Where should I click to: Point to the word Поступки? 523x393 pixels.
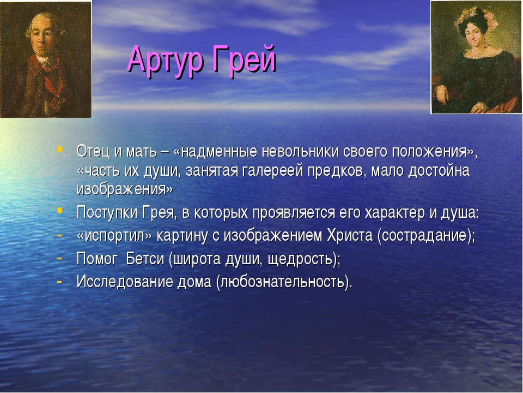pos(107,212)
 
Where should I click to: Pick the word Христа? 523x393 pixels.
pos(350,235)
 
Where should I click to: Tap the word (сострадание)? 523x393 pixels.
pos(425,236)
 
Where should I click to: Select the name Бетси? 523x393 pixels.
pos(145,258)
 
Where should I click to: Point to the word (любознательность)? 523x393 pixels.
pos(284,282)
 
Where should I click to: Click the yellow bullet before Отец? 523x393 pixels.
pos(60,149)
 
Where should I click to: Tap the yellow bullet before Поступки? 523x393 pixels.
pos(60,210)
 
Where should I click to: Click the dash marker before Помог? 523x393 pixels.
pos(59,258)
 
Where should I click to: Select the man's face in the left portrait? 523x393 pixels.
pos(42,38)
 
